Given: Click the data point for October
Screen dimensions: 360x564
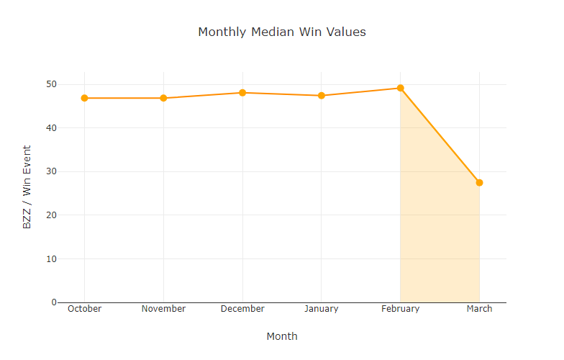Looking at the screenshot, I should point(84,98).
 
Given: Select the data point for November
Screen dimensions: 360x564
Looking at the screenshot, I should point(163,98).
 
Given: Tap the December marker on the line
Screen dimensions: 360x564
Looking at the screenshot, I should point(242,93).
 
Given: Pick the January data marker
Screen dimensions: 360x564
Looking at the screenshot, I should point(322,96).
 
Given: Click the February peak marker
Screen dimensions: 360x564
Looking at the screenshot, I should point(400,88).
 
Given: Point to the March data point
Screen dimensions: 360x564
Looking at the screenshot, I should point(479,183).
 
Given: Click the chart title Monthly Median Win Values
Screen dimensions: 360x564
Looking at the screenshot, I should point(282,32).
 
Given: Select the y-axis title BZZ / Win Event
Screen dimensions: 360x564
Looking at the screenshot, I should point(27,187).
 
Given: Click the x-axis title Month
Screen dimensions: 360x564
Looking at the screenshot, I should point(282,336).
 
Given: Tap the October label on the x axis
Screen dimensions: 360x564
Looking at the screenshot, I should point(84,309).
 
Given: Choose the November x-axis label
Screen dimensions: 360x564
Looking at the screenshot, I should point(163,309).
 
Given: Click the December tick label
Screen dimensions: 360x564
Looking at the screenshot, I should point(242,309).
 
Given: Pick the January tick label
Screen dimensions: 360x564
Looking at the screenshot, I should point(322,309).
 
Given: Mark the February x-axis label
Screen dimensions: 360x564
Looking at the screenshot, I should point(400,309).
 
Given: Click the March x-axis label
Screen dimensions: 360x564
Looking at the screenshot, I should point(479,309).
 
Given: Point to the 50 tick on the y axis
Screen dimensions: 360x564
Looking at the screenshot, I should point(50,84).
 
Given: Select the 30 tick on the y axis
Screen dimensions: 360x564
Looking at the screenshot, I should point(50,171).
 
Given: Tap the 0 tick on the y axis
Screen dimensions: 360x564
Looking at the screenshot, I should point(53,302).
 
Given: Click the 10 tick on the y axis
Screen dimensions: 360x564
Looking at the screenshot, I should point(50,258).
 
